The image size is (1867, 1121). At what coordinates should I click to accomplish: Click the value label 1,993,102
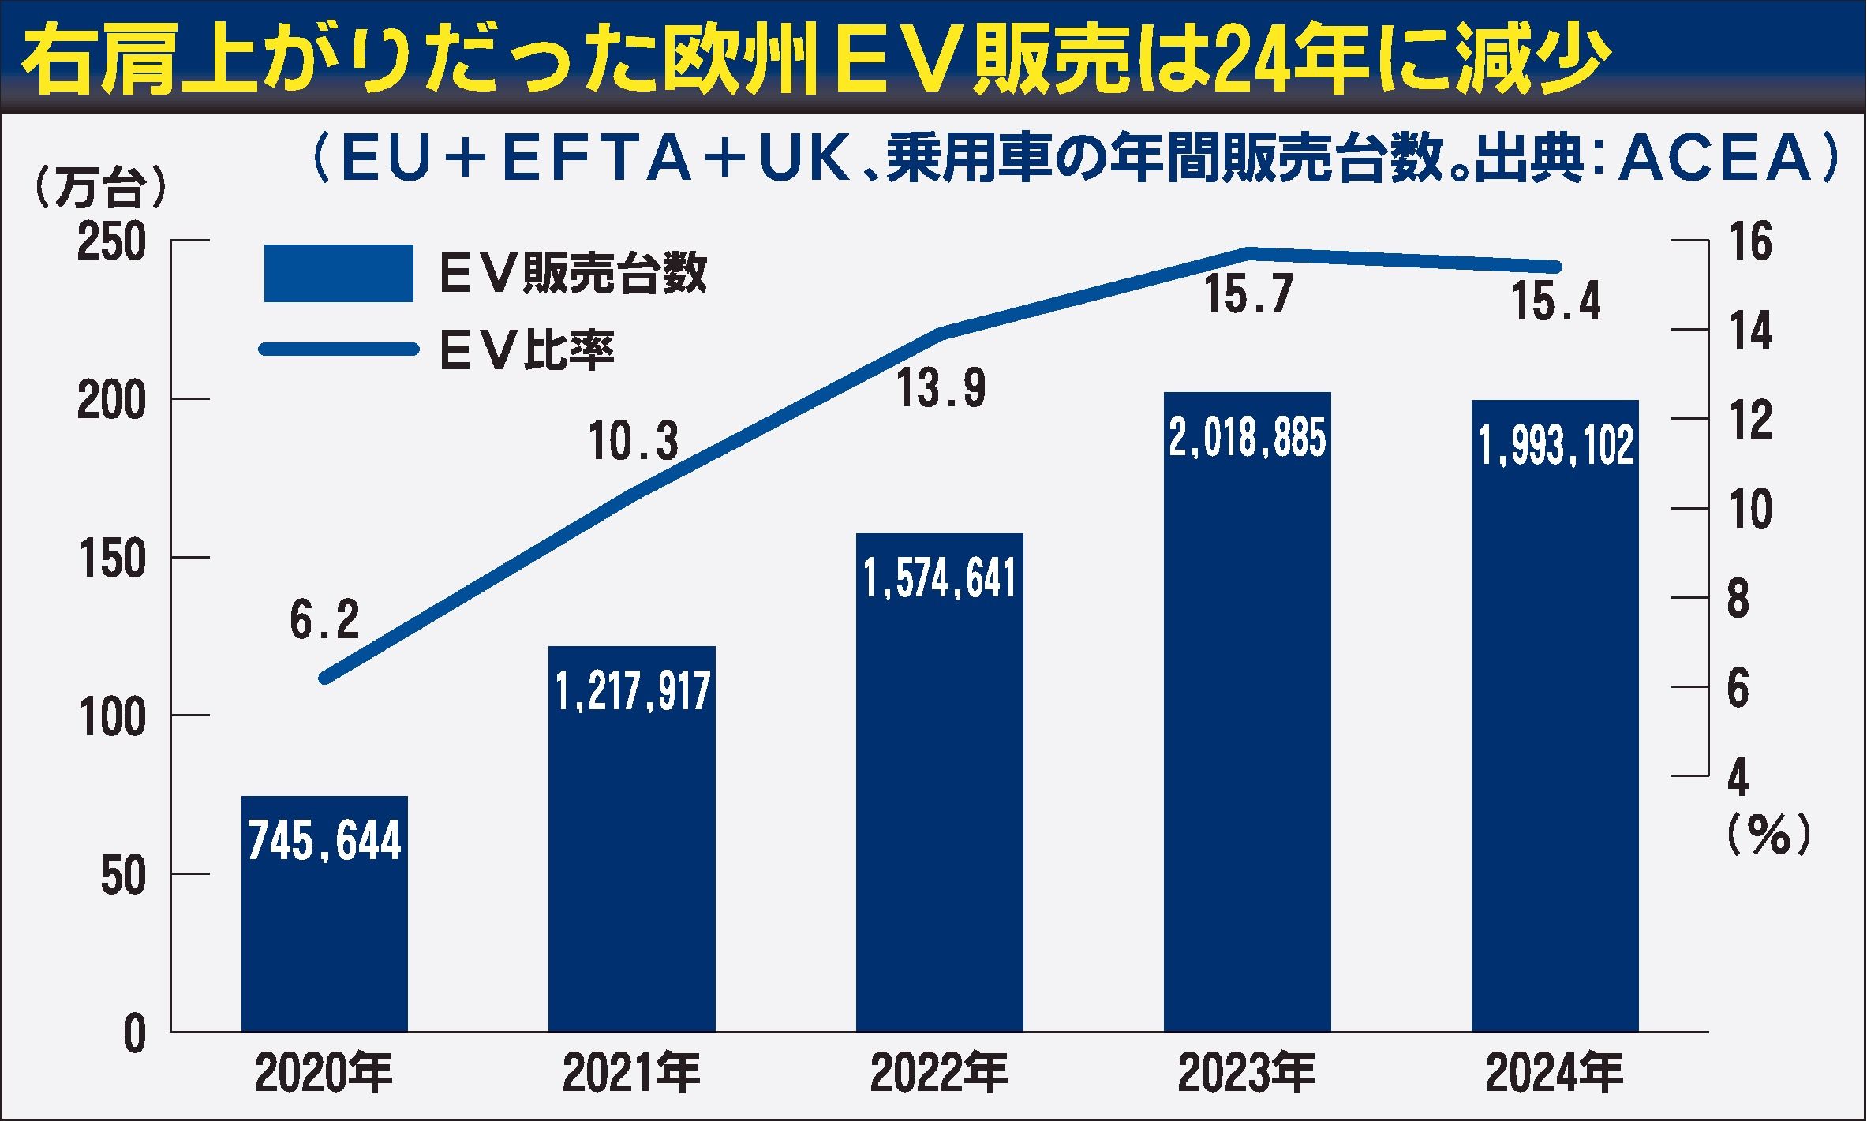[1555, 447]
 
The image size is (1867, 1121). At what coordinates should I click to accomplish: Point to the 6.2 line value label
[324, 621]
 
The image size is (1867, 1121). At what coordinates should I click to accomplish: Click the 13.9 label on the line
[941, 389]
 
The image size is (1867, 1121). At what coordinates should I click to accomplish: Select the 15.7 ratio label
[1249, 294]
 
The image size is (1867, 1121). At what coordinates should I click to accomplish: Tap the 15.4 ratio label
[1556, 303]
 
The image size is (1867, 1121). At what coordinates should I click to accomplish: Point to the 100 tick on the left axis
[112, 717]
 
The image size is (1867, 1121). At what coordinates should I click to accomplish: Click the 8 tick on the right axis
[1738, 599]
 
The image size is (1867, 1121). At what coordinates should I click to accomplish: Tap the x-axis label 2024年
[1555, 1074]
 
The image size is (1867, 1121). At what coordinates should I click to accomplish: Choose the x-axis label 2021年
[632, 1074]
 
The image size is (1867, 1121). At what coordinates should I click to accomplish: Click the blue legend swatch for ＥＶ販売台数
[339, 273]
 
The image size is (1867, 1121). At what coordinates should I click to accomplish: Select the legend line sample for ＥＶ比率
[339, 349]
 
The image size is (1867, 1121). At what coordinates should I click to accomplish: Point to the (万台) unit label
[100, 188]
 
